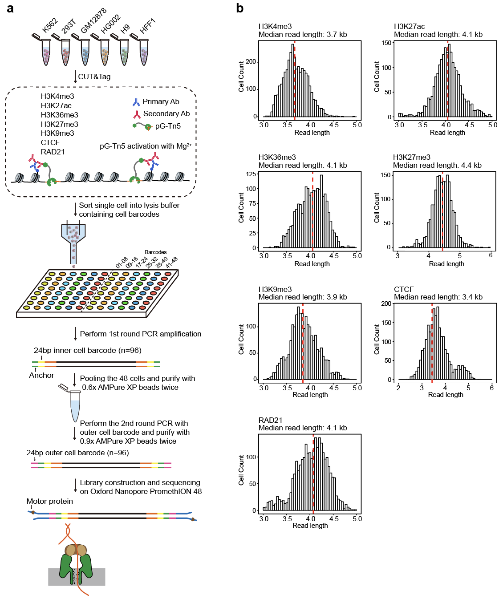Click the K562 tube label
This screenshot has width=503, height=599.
click(49, 25)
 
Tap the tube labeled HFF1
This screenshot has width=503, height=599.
click(144, 53)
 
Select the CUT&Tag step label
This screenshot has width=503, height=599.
click(94, 77)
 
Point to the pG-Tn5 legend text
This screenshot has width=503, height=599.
click(168, 126)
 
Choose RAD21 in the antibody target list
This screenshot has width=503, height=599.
click(53, 152)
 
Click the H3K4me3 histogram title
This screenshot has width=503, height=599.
click(275, 27)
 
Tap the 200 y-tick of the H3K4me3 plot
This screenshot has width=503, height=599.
click(251, 62)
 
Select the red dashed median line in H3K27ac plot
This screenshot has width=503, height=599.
click(447, 80)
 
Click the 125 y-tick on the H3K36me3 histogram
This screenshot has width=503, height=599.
click(251, 174)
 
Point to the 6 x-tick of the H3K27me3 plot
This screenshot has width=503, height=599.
click(491, 255)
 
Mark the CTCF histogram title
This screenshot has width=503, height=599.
click(404, 289)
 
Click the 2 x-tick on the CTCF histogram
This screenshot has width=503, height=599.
click(398, 388)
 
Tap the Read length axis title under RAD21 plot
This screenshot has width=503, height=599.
click(310, 526)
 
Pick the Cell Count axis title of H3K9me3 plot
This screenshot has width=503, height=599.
click(241, 339)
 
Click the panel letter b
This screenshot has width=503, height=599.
click(239, 8)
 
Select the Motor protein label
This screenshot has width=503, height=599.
click(49, 501)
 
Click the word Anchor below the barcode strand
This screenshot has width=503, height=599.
click(41, 375)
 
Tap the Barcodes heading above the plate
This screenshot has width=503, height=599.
click(155, 252)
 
